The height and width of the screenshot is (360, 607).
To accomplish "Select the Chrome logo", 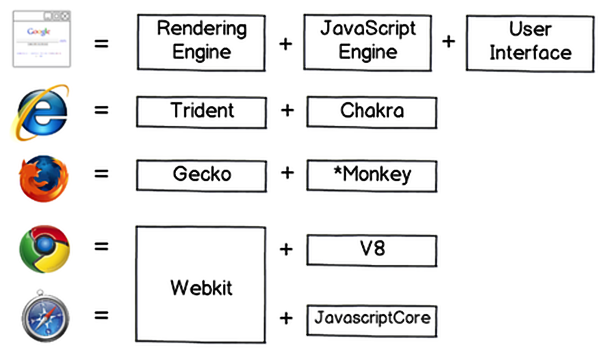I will pyautogui.click(x=44, y=248).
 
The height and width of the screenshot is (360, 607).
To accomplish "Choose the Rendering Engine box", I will pyautogui.click(x=201, y=41).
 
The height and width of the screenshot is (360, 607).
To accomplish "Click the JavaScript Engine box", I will pyautogui.click(x=367, y=41).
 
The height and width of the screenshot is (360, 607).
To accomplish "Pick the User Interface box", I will pyautogui.click(x=530, y=41).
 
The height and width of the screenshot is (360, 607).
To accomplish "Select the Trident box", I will pyautogui.click(x=201, y=111).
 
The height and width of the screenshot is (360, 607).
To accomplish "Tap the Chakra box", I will pyautogui.click(x=372, y=111).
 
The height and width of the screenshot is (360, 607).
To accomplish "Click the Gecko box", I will pyautogui.click(x=201, y=175).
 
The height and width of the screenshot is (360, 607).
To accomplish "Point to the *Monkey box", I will pyautogui.click(x=372, y=175).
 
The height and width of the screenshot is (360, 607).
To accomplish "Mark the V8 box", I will pyautogui.click(x=372, y=248).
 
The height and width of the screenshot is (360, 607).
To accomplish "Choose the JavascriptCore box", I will pyautogui.click(x=372, y=318).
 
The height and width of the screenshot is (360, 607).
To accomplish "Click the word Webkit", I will pyautogui.click(x=201, y=287).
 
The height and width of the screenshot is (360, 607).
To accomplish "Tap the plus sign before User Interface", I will pyautogui.click(x=449, y=42).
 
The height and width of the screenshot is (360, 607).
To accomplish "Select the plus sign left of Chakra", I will pyautogui.click(x=287, y=110).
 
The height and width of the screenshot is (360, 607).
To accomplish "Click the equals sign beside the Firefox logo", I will pyautogui.click(x=101, y=175).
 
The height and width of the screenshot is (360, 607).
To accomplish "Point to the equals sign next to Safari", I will pyautogui.click(x=101, y=316).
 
